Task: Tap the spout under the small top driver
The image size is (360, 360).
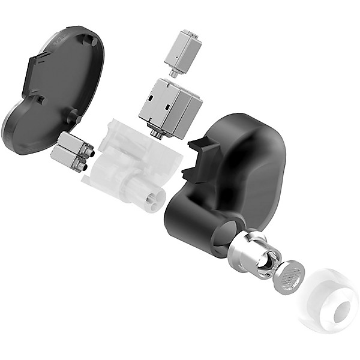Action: pyautogui.click(x=173, y=73)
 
